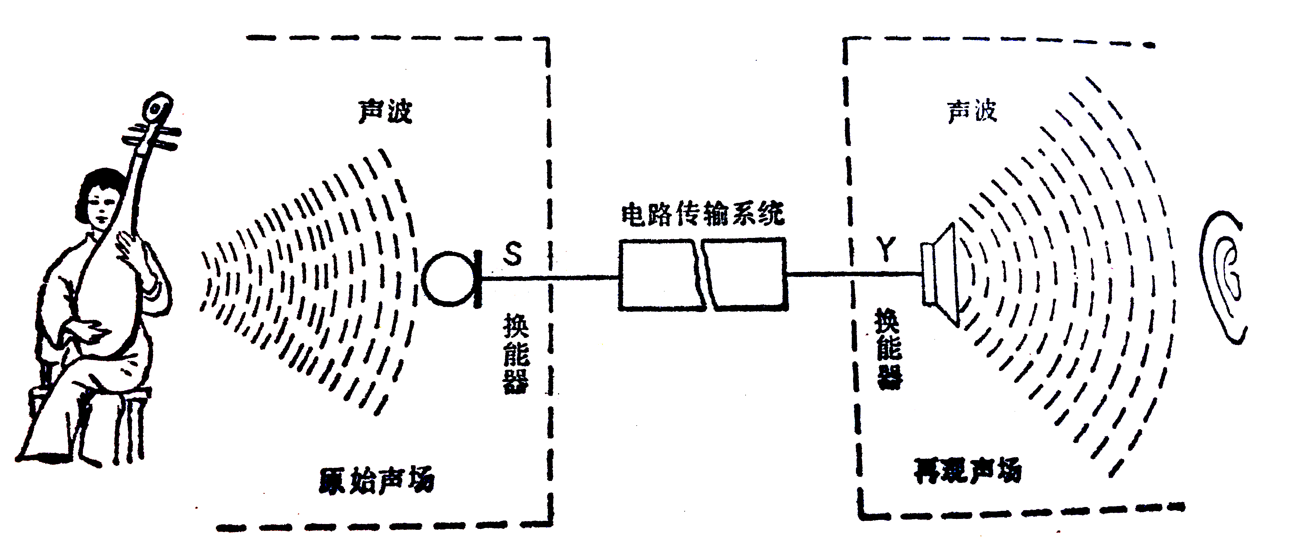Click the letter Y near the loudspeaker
point(886,249)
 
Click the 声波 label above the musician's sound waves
point(385,111)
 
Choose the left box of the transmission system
point(659,275)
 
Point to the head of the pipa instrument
point(157,108)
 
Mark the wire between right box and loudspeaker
point(852,274)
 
